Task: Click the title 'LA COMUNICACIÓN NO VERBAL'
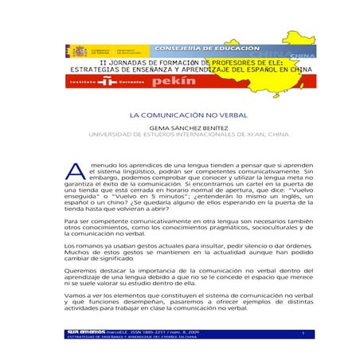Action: click(x=179, y=115)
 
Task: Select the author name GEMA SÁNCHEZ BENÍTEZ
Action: click(x=180, y=127)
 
